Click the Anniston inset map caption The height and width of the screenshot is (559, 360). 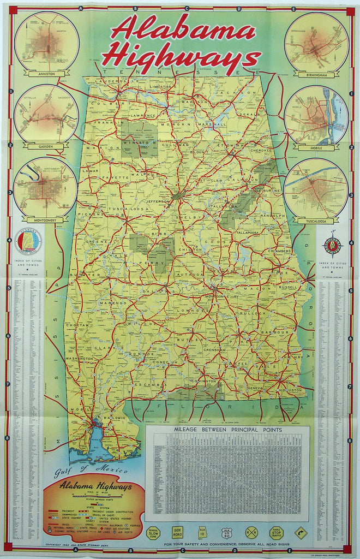[x=47, y=73]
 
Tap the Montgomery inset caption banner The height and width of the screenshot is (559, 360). [x=45, y=220]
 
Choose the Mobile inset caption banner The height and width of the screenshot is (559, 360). [x=316, y=148]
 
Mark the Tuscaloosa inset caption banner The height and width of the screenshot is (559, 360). [x=316, y=221]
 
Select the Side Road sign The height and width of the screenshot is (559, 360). [x=177, y=532]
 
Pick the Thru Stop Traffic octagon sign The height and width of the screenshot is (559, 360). [x=277, y=533]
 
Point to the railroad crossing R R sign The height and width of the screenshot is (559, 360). [x=251, y=533]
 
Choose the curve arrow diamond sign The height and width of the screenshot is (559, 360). [x=301, y=533]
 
